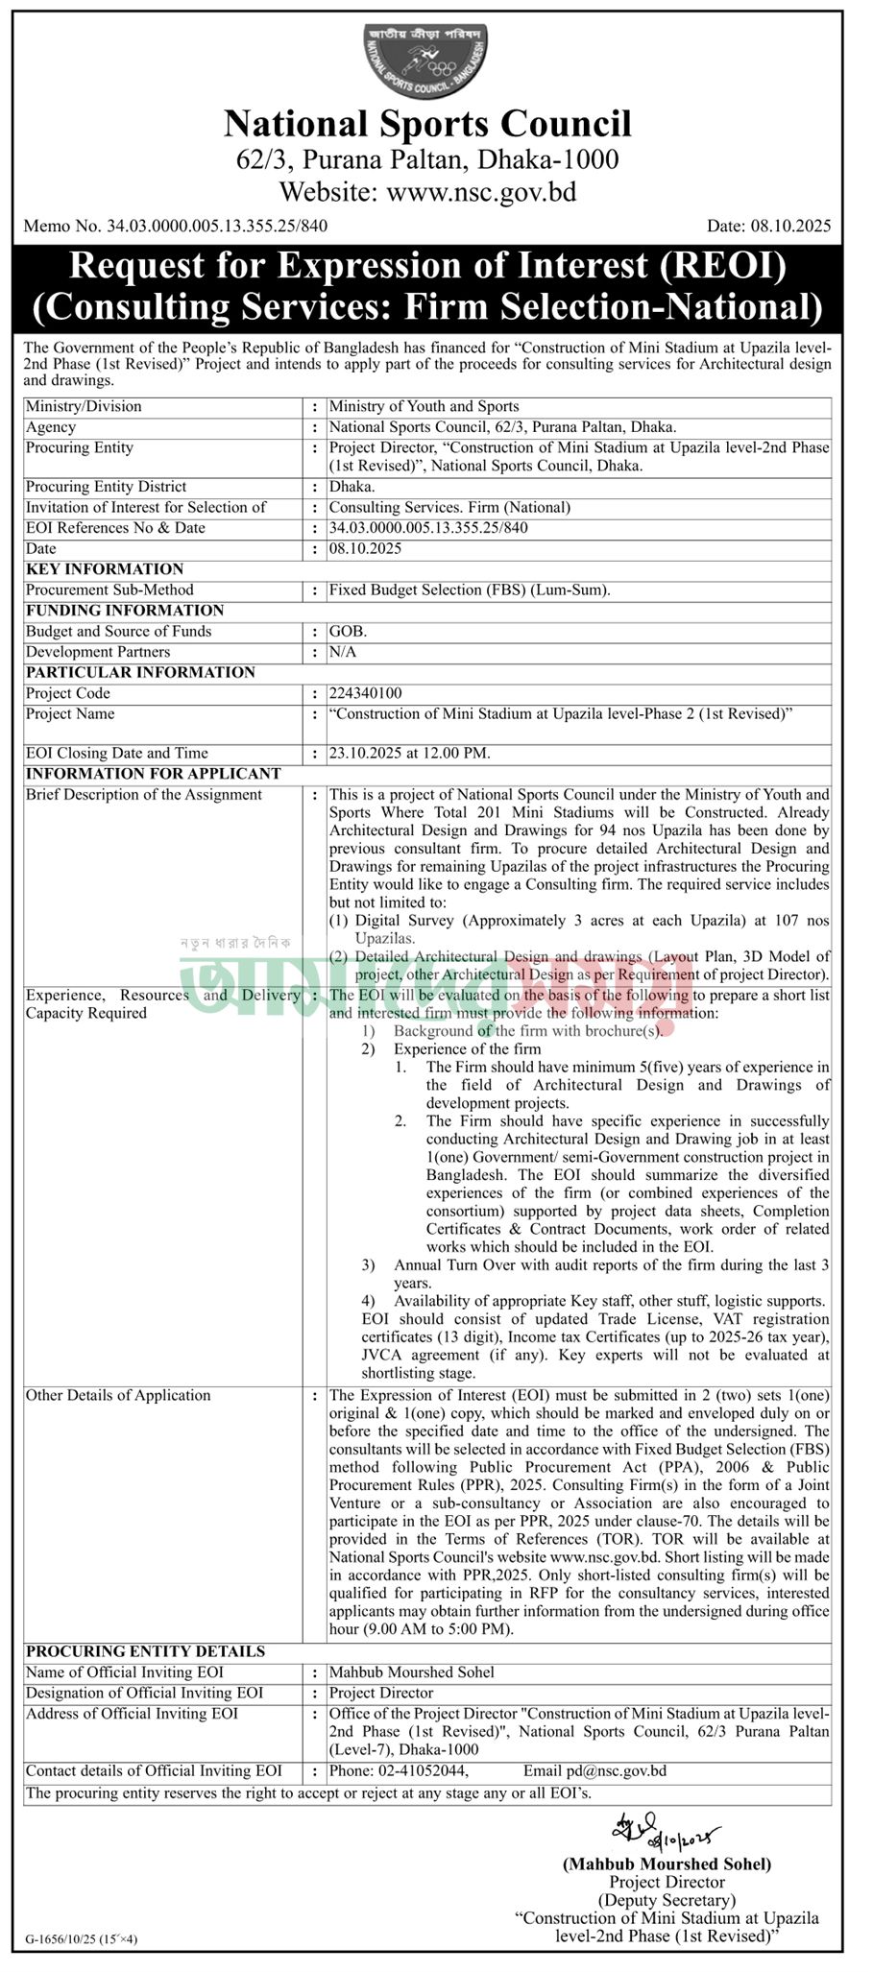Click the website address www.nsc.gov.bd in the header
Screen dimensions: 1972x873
(481, 192)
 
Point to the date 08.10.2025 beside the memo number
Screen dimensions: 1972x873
(768, 227)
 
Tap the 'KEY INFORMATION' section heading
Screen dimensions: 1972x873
(105, 569)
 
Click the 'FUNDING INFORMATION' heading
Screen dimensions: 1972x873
(125, 611)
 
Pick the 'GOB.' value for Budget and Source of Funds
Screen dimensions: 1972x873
(348, 632)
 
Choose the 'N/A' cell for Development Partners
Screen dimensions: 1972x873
(343, 652)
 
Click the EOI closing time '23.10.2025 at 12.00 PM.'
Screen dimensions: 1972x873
(410, 754)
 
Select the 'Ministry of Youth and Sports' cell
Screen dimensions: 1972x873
(424, 407)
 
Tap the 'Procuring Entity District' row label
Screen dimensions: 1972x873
(106, 487)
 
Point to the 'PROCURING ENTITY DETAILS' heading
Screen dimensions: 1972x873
(145, 1651)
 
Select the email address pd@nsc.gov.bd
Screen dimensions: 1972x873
(622, 1770)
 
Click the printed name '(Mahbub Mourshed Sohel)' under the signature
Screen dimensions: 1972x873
(667, 1864)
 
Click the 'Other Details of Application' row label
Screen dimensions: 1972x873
(118, 1395)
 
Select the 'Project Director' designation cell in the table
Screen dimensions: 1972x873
(381, 1693)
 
